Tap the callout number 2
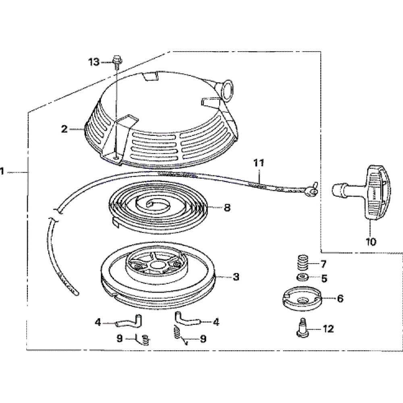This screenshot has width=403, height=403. tap(64, 129)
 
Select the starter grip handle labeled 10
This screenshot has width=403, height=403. tap(362, 193)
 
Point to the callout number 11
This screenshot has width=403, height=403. tap(259, 163)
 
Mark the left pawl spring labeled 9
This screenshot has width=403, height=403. tap(143, 339)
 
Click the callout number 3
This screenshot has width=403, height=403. tap(236, 277)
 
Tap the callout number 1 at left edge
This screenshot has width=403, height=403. tap(2, 171)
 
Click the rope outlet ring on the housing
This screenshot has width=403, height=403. tap(228, 90)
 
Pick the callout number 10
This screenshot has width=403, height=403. tap(371, 241)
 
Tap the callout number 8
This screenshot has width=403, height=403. tap(227, 208)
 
